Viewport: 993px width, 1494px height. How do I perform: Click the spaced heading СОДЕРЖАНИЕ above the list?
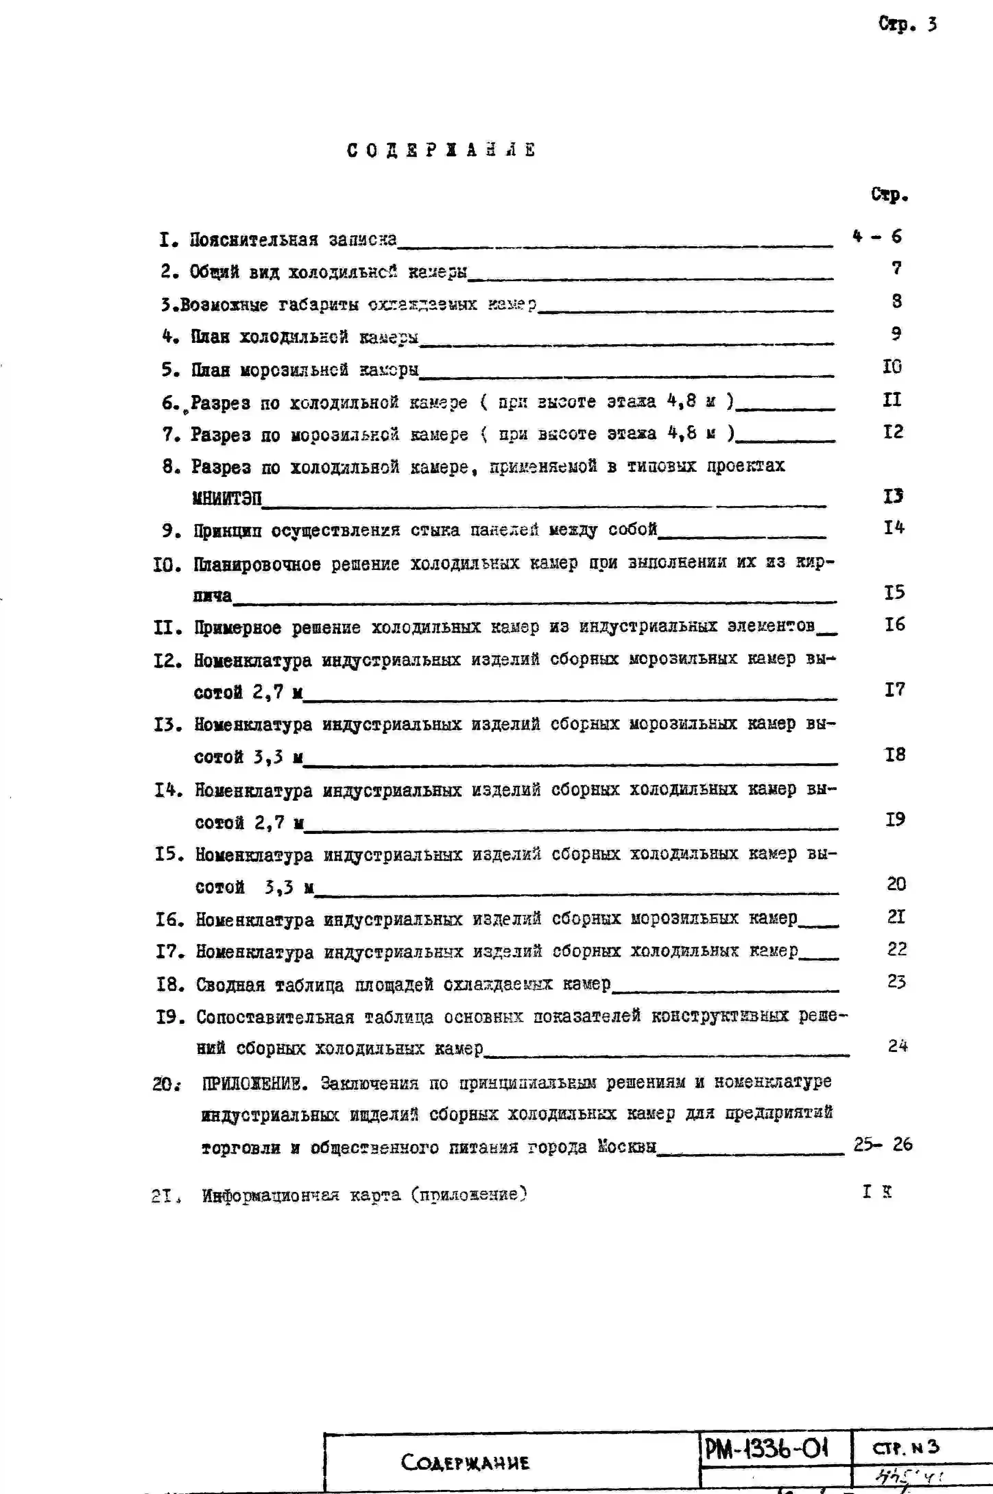point(441,150)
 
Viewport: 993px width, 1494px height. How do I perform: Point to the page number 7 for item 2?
point(896,268)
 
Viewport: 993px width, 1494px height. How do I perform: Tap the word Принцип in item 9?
point(227,531)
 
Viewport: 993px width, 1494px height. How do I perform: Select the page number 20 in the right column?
point(896,884)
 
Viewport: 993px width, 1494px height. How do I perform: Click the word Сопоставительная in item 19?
point(275,1017)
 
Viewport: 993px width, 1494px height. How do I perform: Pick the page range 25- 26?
point(883,1144)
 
